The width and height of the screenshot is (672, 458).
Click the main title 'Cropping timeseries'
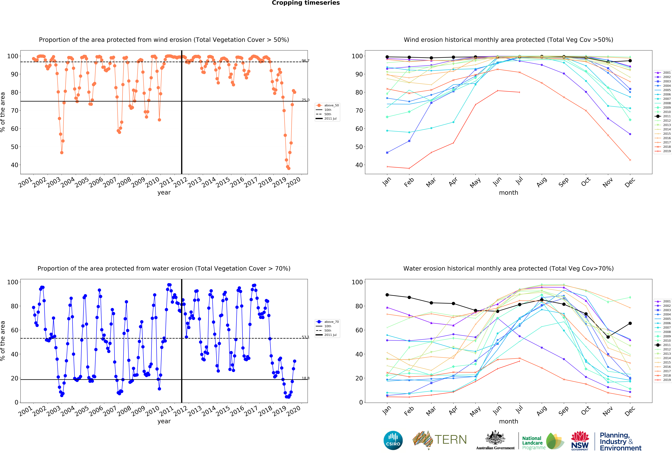pyautogui.click(x=306, y=3)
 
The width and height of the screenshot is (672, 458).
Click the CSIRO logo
pyautogui.click(x=393, y=440)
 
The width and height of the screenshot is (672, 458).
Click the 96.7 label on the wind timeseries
pyautogui.click(x=305, y=61)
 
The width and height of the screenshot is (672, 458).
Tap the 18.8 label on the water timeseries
pyautogui.click(x=305, y=378)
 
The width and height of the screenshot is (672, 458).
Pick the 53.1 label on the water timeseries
pyautogui.click(x=305, y=337)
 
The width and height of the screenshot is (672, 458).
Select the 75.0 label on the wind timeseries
pyautogui.click(x=305, y=100)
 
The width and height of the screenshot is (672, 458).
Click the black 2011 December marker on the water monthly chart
pyautogui.click(x=630, y=323)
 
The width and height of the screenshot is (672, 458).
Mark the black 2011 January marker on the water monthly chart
pyautogui.click(x=387, y=295)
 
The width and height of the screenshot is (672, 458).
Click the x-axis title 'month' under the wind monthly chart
pyautogui.click(x=508, y=193)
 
